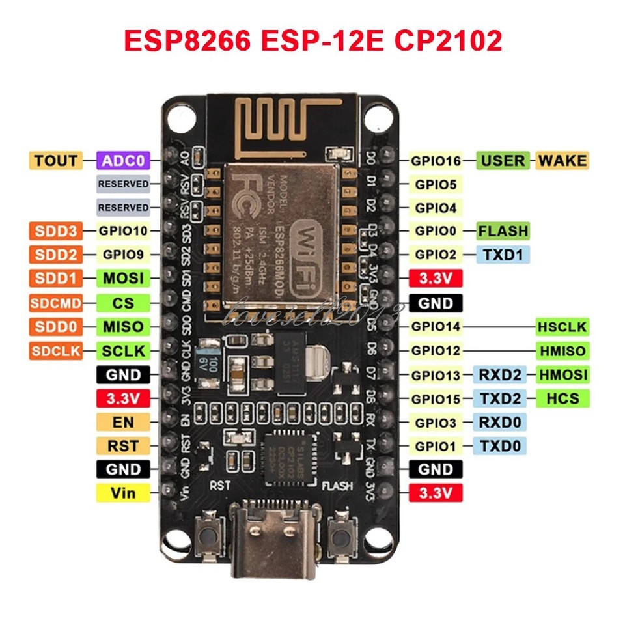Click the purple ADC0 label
pyautogui.click(x=123, y=160)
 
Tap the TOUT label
pyautogui.click(x=55, y=160)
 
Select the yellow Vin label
pyautogui.click(x=123, y=493)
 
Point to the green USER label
pyautogui.click(x=503, y=160)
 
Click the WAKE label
pyautogui.click(x=562, y=160)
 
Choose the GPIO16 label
pyautogui.click(x=436, y=160)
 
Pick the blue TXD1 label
pyautogui.click(x=503, y=254)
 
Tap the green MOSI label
pyautogui.click(x=123, y=279)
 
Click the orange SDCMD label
pyautogui.click(x=55, y=303)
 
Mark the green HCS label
pyautogui.click(x=562, y=398)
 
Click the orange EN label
pyautogui.click(x=123, y=422)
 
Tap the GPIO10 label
pyautogui.click(x=123, y=230)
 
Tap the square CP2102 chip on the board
pyautogui.click(x=286, y=456)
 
